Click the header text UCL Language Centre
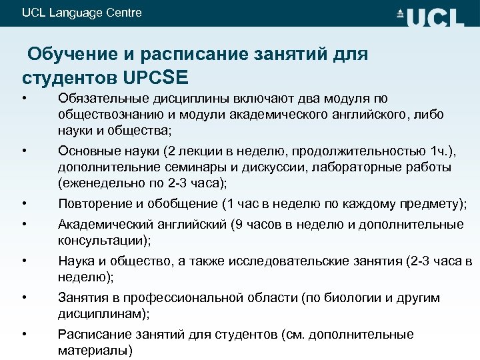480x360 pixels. click(82, 13)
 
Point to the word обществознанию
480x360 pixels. click(105, 115)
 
